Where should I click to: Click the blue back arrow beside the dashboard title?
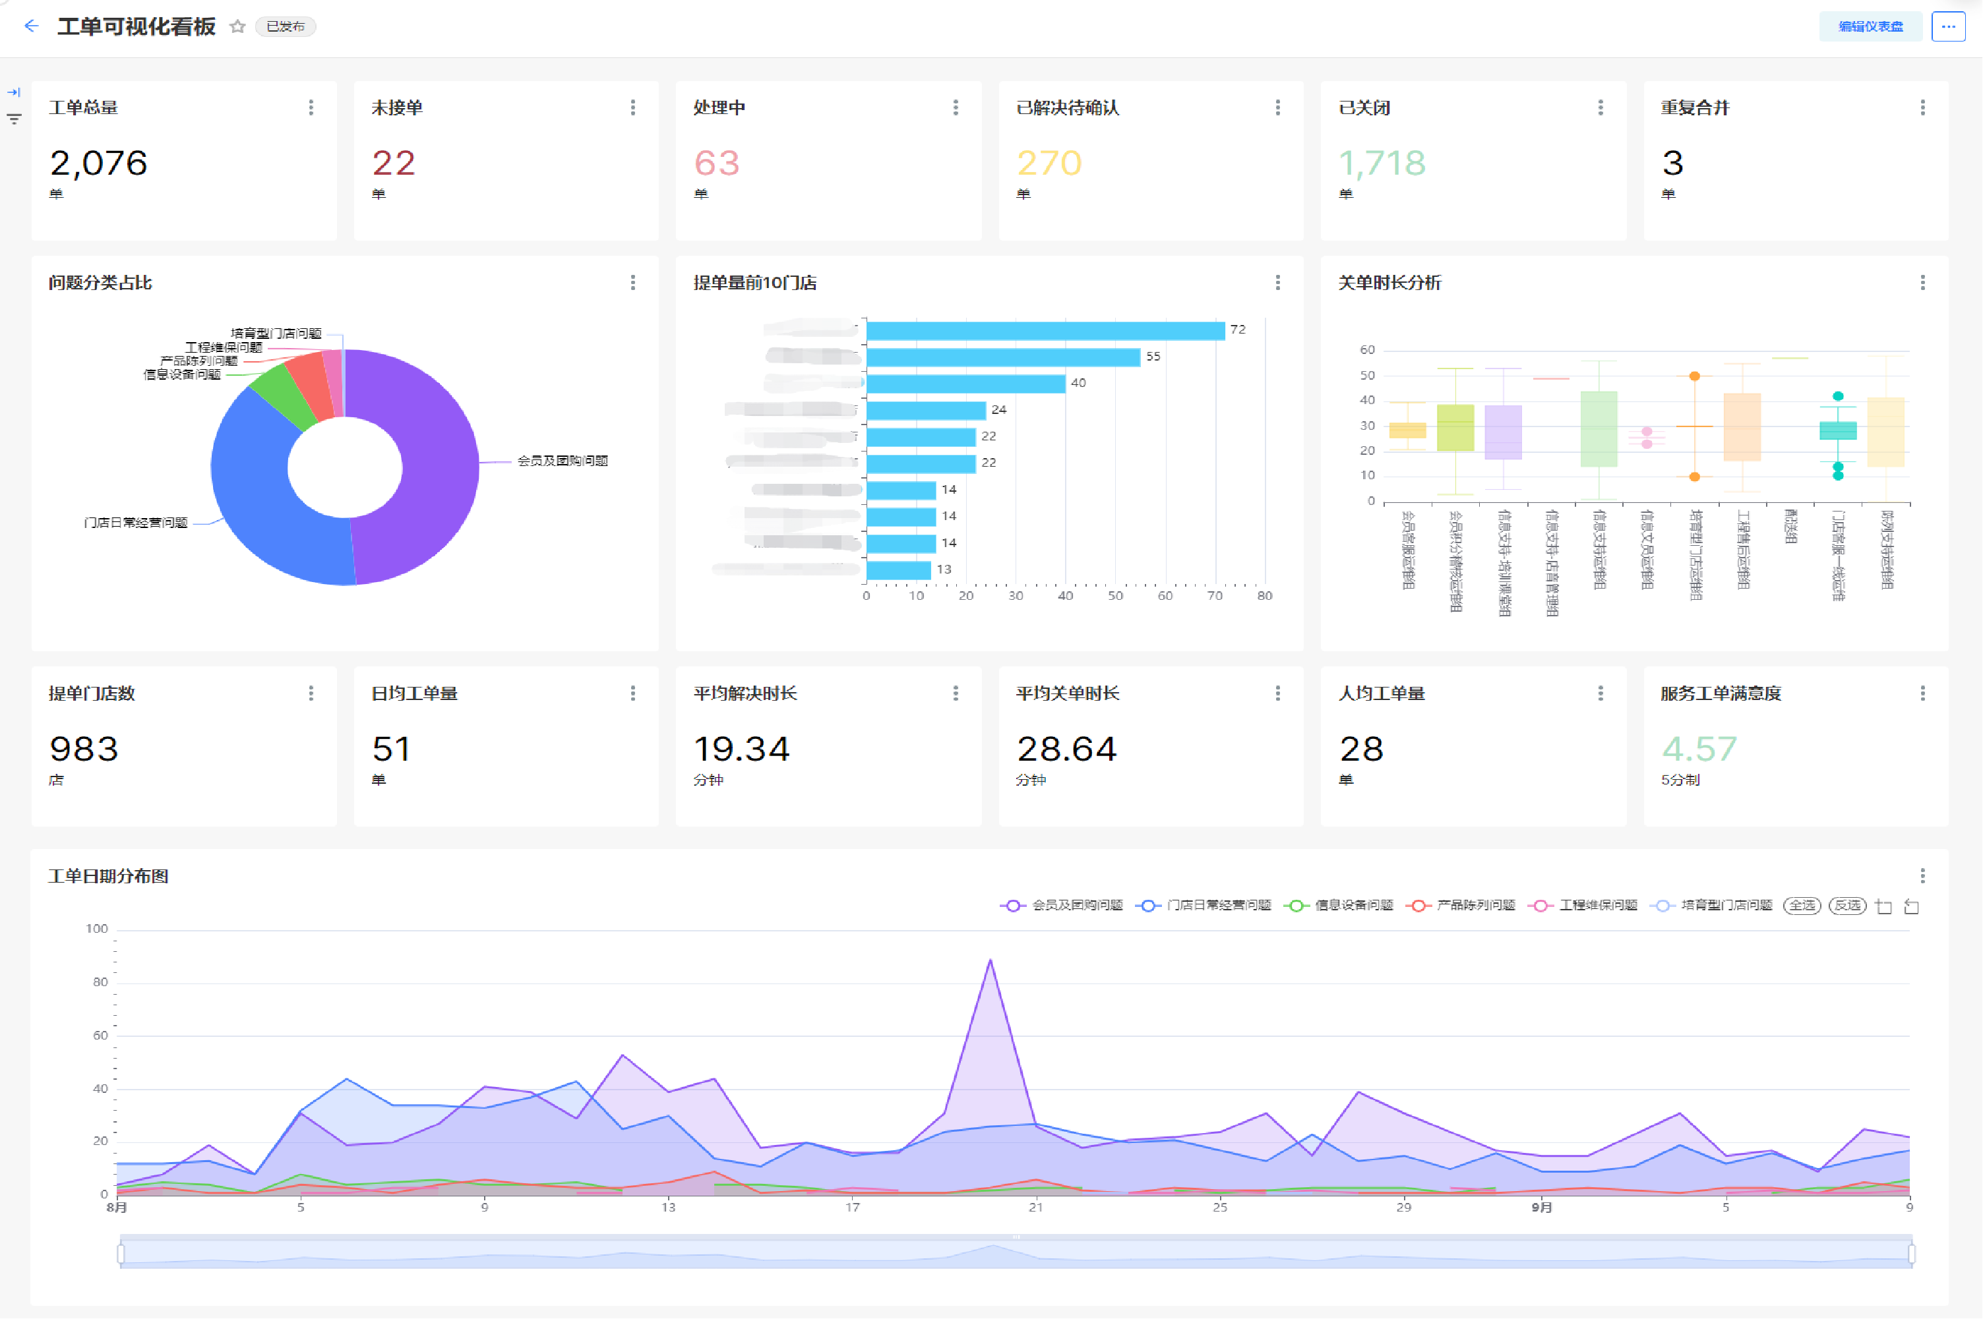pos(31,26)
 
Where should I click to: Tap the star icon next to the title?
pos(237,27)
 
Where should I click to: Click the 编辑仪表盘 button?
pos(1870,27)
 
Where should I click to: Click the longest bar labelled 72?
pos(1045,331)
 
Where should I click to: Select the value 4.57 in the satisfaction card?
pos(1699,749)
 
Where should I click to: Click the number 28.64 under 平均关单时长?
pos(1066,749)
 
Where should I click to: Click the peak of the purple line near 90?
pos(991,960)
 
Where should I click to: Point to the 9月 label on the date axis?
pos(1541,1207)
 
